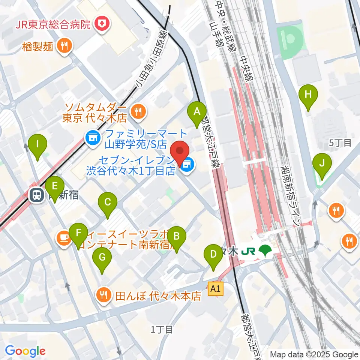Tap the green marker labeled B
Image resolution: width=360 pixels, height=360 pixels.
pos(176,237)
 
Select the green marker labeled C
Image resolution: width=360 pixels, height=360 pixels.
pos(108,203)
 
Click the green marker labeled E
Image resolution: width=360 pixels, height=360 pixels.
pos(55,186)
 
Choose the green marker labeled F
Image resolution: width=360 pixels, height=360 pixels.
pos(78,233)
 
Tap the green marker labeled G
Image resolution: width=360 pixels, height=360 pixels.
pos(102,258)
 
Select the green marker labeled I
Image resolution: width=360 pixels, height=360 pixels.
pos(37,144)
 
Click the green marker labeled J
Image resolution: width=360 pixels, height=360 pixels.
pos(322,163)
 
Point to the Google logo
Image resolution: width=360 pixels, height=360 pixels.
pos(25,351)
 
